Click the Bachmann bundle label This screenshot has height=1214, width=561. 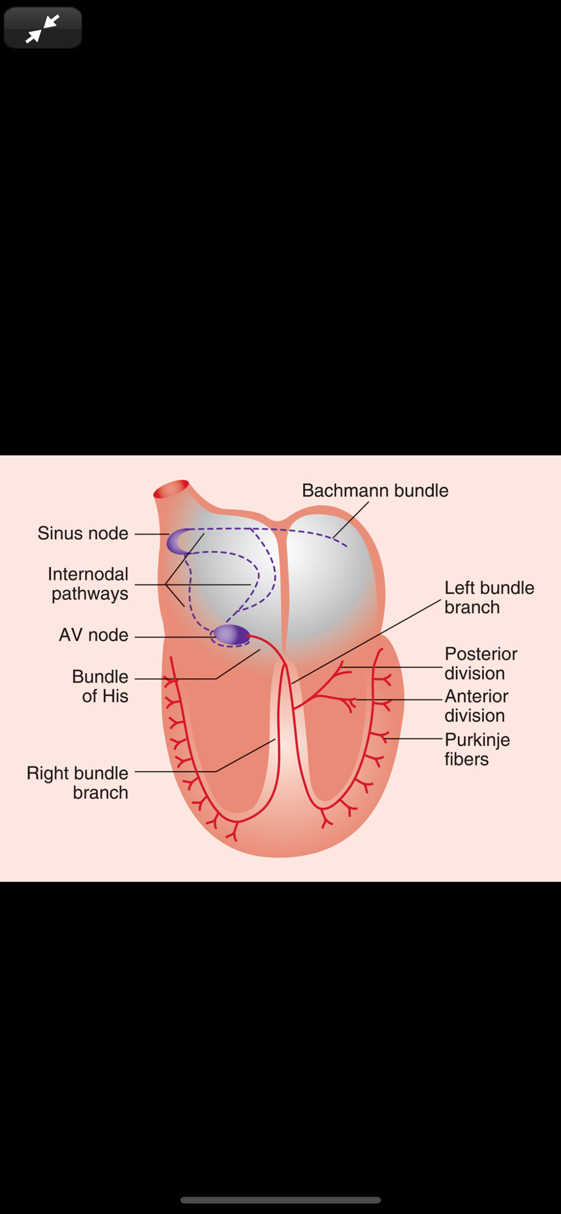[x=375, y=490]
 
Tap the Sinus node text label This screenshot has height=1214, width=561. [x=83, y=533]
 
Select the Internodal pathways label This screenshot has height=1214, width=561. [x=88, y=583]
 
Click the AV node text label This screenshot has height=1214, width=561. [x=93, y=635]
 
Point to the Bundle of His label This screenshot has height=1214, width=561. [x=100, y=686]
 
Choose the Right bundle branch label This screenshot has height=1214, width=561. [x=78, y=782]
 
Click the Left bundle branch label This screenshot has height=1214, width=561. [x=489, y=597]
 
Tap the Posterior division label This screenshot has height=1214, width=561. [x=481, y=663]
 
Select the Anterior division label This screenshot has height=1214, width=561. [x=476, y=705]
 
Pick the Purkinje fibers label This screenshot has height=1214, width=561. [x=477, y=749]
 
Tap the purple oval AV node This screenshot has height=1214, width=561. [x=231, y=634]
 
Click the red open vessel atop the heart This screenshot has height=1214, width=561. [x=171, y=489]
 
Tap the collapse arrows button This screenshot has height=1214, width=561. [x=42, y=28]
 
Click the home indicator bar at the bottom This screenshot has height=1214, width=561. [x=280, y=1199]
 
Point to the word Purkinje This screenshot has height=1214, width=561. [x=477, y=740]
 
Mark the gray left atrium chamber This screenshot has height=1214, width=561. [x=331, y=583]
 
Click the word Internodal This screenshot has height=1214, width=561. [x=88, y=574]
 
